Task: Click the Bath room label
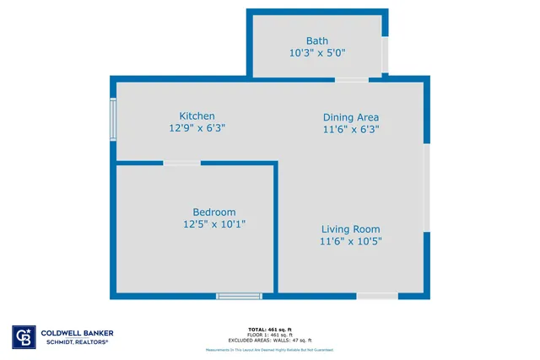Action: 317,40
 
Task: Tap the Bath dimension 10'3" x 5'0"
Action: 317,52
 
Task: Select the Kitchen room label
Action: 197,116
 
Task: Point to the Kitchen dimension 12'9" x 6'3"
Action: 197,128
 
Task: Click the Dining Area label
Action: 351,117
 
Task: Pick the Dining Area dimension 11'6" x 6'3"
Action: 351,130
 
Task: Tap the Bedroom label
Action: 214,212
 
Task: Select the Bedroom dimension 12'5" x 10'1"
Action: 214,224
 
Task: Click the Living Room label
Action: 350,228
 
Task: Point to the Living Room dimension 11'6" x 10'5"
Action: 350,241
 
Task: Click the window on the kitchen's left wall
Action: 113,119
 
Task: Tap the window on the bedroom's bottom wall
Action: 239,296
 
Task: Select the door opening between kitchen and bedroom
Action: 181,163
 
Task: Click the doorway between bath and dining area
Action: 351,79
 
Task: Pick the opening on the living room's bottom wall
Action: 377,296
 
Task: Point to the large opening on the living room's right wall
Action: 427,187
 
